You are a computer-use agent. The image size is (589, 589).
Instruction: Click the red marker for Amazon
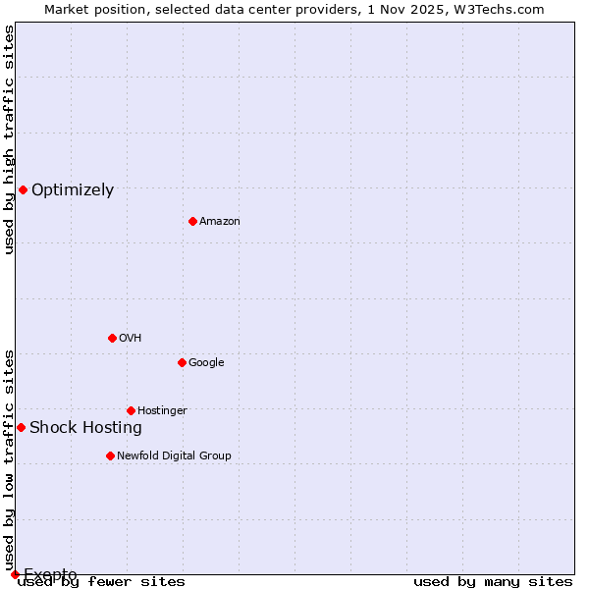click(192, 221)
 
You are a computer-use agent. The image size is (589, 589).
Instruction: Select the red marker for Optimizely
click(23, 189)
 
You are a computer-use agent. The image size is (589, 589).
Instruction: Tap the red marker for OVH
click(112, 338)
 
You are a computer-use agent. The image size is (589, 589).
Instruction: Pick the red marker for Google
click(182, 362)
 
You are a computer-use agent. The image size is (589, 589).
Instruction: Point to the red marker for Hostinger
click(131, 410)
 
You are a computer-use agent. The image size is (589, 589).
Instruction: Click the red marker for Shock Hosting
click(21, 427)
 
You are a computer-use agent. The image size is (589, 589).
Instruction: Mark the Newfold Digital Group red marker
click(110, 455)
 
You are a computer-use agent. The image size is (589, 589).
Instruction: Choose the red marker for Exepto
click(15, 574)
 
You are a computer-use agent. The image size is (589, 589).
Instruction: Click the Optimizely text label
click(73, 190)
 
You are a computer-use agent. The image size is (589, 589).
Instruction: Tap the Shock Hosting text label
click(85, 428)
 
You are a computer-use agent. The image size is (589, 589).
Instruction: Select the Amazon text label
click(220, 222)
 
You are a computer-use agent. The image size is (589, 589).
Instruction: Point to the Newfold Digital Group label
click(174, 455)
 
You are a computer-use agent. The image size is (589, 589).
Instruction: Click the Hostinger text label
click(162, 410)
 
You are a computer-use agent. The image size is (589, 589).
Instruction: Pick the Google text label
click(206, 363)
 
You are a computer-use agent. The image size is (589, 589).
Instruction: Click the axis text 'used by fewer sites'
click(101, 582)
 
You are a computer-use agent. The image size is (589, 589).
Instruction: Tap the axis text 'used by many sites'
click(493, 582)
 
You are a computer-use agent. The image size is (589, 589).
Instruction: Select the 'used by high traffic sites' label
click(9, 139)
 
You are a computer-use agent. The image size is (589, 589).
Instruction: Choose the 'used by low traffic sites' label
click(9, 459)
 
